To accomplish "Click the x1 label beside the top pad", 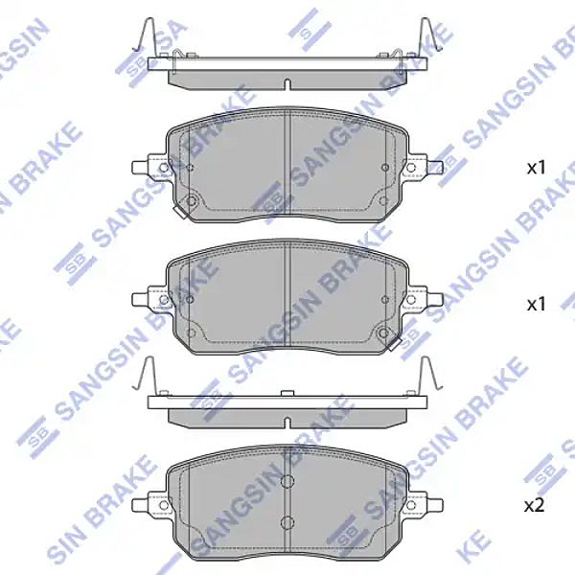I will pos(536,168).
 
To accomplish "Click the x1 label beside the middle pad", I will pos(536,304).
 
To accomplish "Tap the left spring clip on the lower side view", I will pos(147,375).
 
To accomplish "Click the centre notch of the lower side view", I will pos(287,421).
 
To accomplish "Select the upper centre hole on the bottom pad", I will pos(287,483).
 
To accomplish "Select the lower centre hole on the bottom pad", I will pos(287,522).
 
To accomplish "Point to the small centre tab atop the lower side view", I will pos(287,392).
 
